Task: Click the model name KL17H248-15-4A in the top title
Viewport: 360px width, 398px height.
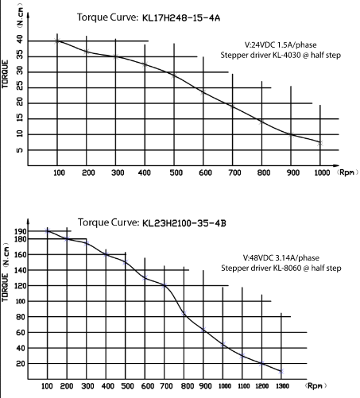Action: [x=181, y=18]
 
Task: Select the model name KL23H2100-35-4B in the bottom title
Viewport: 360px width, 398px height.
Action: [x=184, y=223]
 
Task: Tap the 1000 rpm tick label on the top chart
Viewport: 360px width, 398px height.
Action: [x=322, y=173]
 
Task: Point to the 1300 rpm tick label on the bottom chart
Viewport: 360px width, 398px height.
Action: [x=282, y=386]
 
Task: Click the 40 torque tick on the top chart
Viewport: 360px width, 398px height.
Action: [x=20, y=40]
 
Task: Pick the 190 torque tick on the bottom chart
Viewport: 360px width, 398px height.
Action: [x=21, y=231]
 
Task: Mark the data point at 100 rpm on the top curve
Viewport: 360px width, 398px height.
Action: [x=57, y=41]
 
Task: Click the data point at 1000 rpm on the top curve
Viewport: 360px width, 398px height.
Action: [x=320, y=143]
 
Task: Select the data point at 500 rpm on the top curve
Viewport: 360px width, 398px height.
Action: [x=174, y=75]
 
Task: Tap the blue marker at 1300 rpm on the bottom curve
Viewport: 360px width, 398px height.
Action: [x=281, y=372]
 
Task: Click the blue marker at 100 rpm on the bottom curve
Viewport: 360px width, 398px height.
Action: [x=48, y=231]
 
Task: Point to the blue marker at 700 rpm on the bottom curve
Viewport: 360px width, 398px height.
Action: [x=165, y=285]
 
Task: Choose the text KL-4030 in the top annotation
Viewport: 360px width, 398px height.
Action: [x=287, y=56]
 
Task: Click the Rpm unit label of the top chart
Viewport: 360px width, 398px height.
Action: [x=347, y=172]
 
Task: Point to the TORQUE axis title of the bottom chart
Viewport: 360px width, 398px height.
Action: [x=5, y=288]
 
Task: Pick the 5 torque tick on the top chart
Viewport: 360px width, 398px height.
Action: [x=20, y=150]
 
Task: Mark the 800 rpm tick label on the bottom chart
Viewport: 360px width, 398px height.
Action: [x=188, y=386]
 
